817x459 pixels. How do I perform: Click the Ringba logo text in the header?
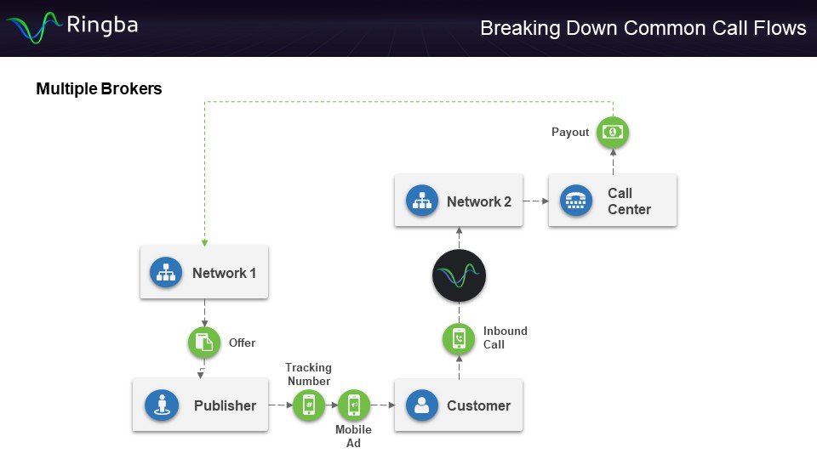click(101, 25)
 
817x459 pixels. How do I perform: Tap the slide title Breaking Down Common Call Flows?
click(643, 28)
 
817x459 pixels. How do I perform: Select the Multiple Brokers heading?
click(99, 88)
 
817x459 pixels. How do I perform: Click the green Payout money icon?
click(612, 132)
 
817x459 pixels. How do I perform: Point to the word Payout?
click(570, 133)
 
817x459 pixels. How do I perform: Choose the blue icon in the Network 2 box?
click(422, 201)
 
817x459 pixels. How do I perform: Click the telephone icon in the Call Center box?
click(576, 201)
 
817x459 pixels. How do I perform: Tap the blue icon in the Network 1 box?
click(166, 273)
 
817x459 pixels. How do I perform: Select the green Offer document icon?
click(203, 343)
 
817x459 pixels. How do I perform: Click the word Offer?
click(242, 343)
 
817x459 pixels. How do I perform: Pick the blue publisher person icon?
click(162, 405)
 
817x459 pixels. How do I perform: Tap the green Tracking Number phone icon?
click(309, 405)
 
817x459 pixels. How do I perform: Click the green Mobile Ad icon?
click(353, 405)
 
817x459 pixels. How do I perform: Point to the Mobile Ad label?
click(353, 436)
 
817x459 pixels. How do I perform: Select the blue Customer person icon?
click(420, 405)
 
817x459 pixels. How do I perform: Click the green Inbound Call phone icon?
click(459, 339)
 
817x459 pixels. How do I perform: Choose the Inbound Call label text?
click(505, 337)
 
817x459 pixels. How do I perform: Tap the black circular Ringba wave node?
click(459, 275)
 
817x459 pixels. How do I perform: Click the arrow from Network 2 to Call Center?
click(535, 201)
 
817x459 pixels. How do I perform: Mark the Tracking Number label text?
click(308, 375)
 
